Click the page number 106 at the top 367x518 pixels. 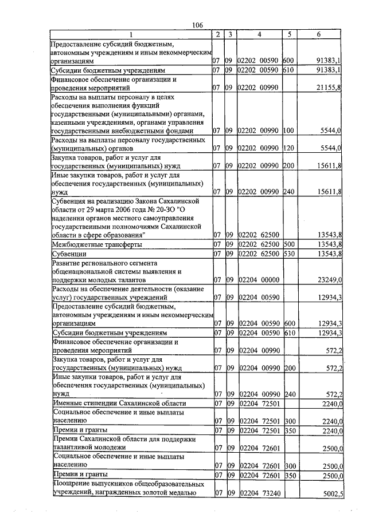click(198, 25)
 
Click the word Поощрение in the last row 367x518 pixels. click(71, 484)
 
